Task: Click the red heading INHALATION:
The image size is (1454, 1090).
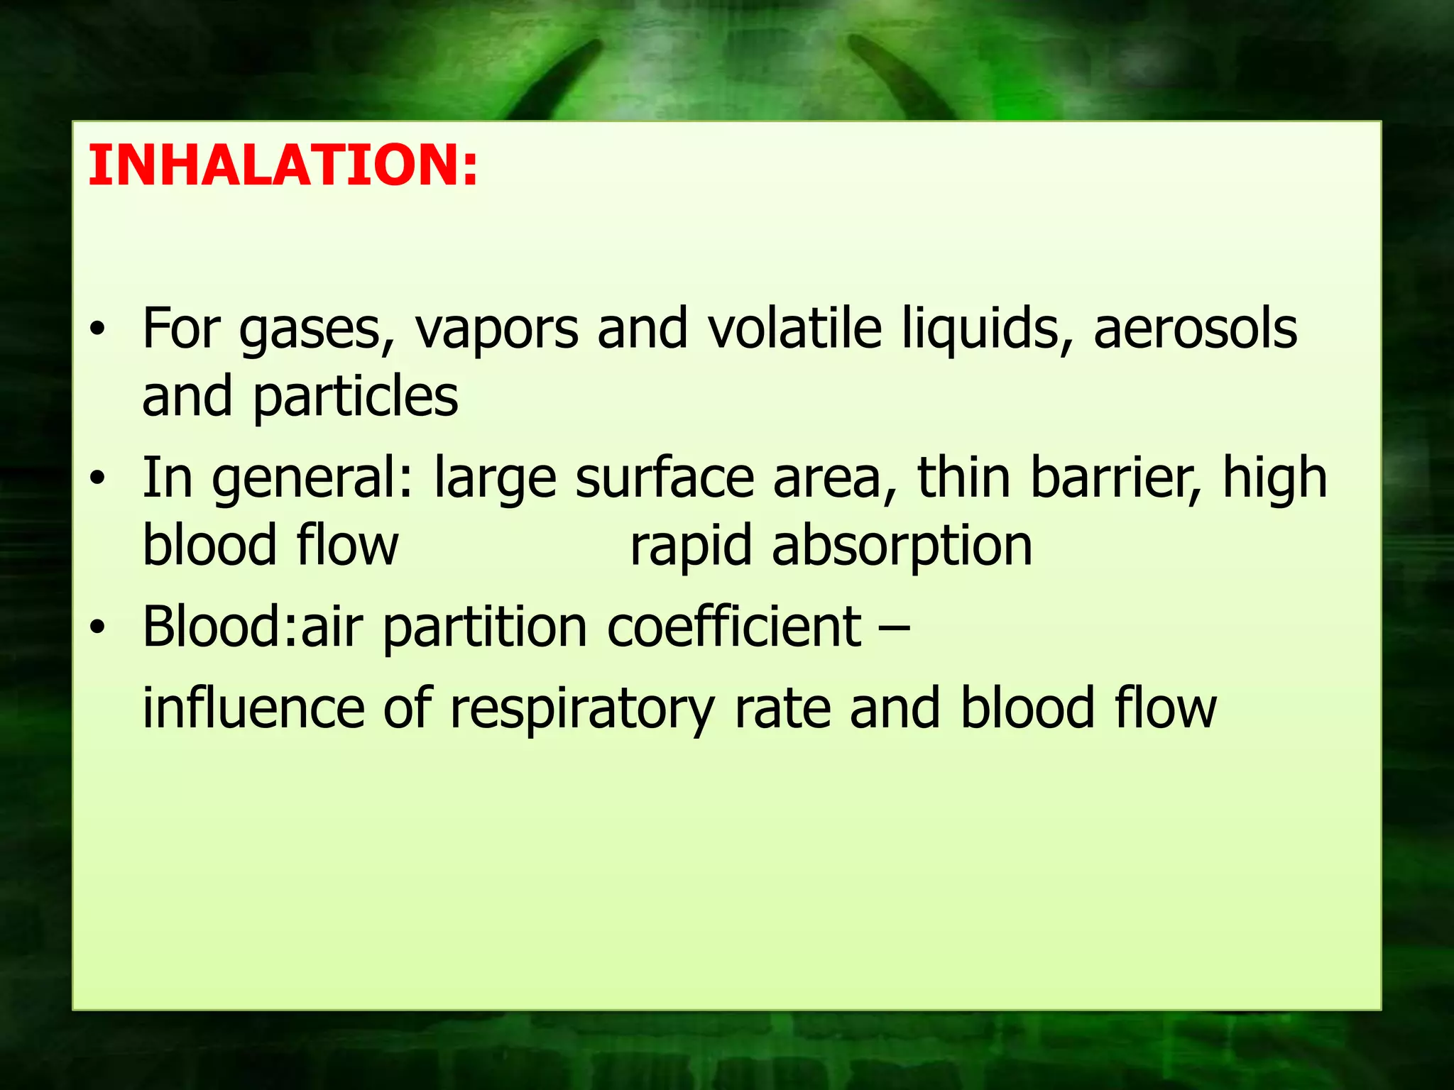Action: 283,165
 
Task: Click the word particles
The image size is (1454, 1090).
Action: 356,397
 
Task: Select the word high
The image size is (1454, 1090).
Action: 1274,479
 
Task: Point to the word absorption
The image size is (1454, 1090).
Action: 902,546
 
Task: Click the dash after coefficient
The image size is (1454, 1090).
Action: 898,629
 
